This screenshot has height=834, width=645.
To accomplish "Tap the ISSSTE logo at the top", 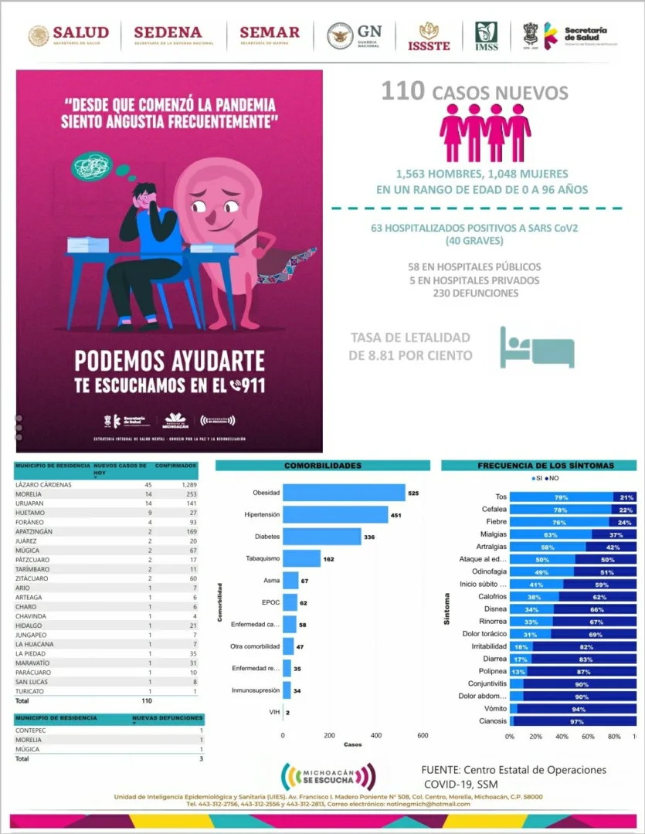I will point(429,36).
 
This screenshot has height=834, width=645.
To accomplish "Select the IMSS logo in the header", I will point(486,36).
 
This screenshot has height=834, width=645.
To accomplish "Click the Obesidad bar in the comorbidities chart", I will point(344,493).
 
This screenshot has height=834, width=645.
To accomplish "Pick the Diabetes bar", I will point(321,536).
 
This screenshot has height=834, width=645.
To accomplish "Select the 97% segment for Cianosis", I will point(575,721).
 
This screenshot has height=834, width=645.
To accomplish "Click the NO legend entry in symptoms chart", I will point(552,479).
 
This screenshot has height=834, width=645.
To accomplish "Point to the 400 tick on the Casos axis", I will point(375,736).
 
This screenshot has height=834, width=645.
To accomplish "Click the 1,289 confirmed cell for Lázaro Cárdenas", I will point(185,484).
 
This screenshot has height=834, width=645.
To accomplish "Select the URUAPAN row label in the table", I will point(29,503).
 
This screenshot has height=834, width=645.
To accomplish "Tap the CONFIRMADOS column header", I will point(175,466).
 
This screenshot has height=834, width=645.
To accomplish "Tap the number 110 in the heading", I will point(402,92).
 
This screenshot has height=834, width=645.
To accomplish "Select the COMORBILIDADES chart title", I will point(322,466).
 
